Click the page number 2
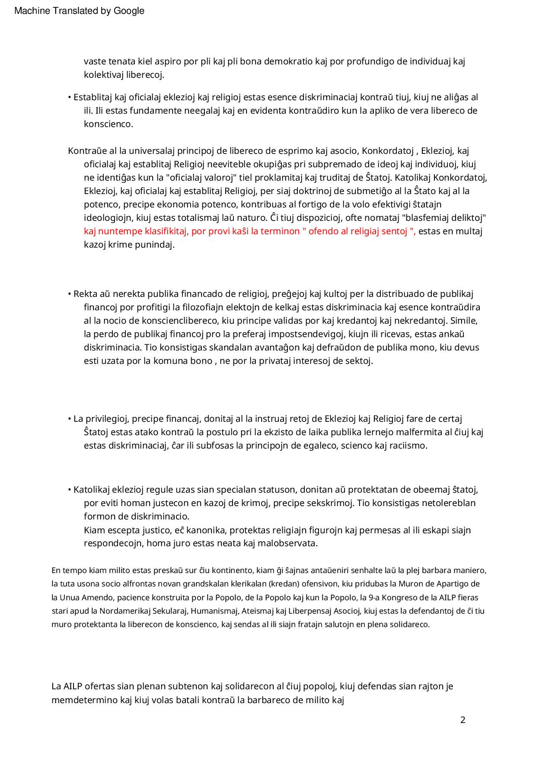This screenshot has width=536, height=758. tap(463, 720)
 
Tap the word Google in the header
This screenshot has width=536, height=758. tap(129, 11)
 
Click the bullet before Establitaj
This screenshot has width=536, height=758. tap(70, 98)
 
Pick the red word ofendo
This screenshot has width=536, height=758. tap(322, 231)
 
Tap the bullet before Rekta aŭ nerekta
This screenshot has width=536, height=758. tap(70, 294)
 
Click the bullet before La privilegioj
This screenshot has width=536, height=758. tap(70, 419)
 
